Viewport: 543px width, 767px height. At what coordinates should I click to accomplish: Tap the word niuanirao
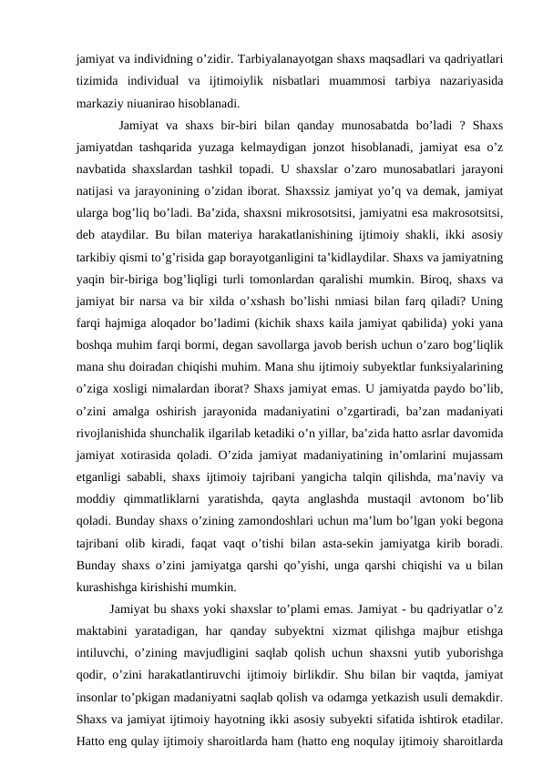pyautogui.click(x=148, y=102)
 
